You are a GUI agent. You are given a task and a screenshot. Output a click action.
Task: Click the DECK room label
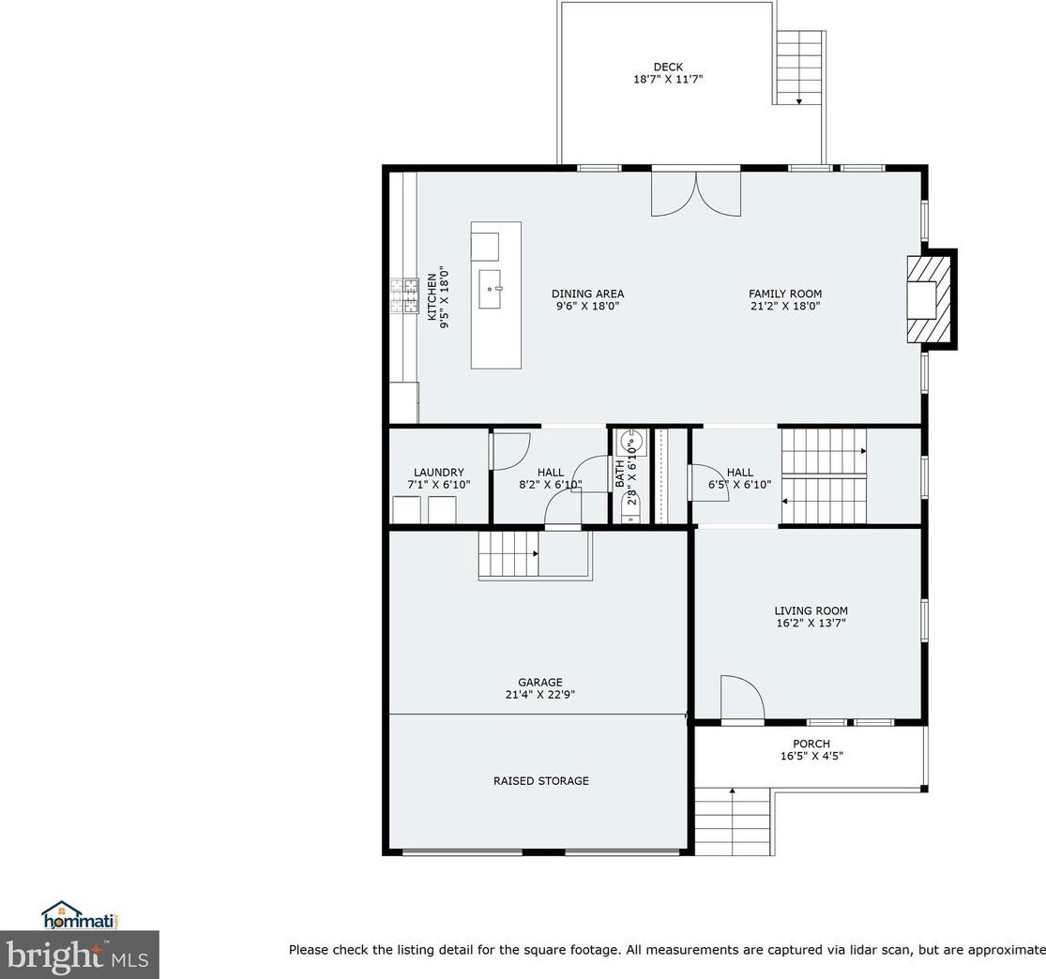pos(668,67)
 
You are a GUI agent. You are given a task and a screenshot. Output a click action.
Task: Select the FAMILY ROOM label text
pos(784,294)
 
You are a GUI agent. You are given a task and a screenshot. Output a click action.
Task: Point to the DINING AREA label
pos(587,294)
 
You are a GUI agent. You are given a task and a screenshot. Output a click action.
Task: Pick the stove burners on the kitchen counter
pos(409,294)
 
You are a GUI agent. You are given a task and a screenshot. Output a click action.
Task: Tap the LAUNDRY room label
pos(438,473)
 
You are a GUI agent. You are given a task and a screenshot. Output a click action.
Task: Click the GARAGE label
pos(540,683)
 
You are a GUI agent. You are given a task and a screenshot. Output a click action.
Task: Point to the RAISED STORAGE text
pos(541,780)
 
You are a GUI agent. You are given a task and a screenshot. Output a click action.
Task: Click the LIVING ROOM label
pos(811,610)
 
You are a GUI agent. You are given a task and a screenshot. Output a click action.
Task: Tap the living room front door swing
pos(742,699)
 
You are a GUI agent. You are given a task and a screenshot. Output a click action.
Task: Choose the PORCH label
pos(811,744)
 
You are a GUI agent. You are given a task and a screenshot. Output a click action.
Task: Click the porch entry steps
pos(732,821)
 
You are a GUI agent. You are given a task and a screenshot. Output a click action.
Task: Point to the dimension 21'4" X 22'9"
pos(540,696)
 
